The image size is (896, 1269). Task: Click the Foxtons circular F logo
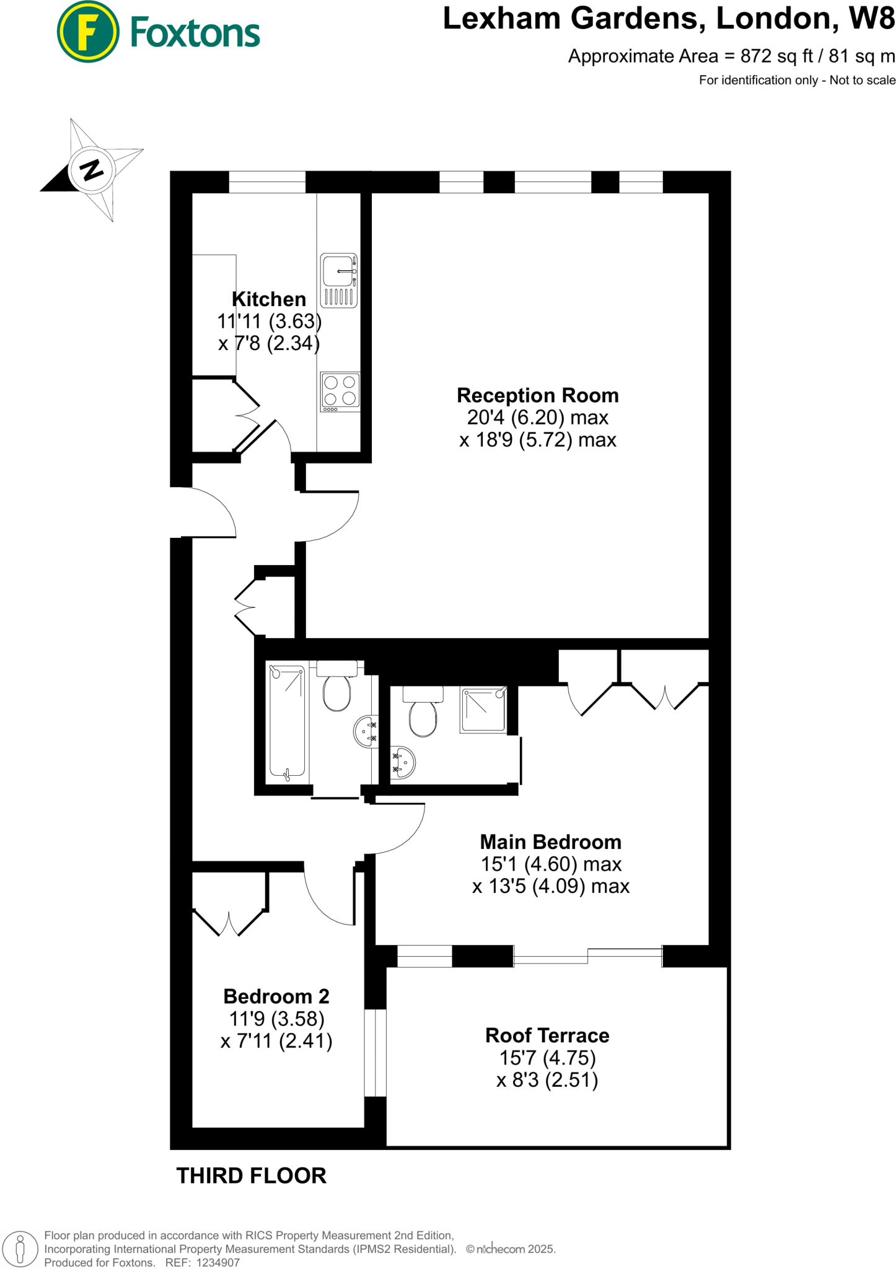point(87,32)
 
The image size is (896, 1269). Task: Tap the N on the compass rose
point(92,169)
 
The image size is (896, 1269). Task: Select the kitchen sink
point(339,280)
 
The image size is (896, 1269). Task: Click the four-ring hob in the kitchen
point(340,392)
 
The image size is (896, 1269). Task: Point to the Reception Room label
point(537,395)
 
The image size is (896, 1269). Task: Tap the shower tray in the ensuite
point(483,710)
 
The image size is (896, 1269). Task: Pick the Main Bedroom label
point(550,842)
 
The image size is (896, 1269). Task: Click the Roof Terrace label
point(547,1035)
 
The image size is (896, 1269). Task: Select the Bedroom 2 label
point(276,996)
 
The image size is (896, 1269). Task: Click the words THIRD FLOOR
point(251,1175)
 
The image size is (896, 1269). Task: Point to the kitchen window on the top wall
point(267,182)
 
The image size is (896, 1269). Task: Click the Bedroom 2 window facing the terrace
point(375,1053)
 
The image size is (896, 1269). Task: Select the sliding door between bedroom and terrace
point(587,956)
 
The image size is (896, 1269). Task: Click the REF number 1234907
point(217,1263)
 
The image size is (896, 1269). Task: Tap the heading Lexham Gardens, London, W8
point(669,19)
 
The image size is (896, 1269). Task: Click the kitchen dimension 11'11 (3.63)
point(269,321)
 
